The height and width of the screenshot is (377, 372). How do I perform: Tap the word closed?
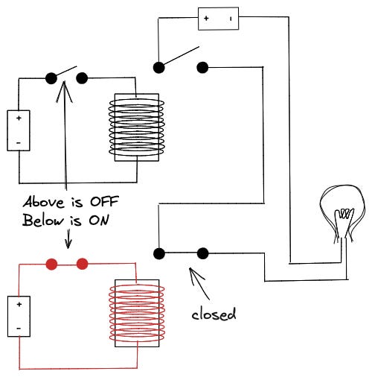coord(214,314)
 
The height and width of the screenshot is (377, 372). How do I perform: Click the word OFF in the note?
coord(104,201)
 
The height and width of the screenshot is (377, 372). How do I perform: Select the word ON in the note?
coord(99,220)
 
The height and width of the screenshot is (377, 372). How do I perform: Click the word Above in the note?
coord(45,202)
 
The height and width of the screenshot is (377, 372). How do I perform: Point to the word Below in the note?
coord(43,220)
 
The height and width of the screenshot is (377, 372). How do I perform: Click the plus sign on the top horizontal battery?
coord(206,18)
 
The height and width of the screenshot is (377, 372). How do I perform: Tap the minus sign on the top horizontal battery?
coord(231,19)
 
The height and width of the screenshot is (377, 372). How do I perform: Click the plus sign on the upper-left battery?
coord(19,118)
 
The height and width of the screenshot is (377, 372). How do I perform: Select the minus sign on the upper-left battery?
coord(19,143)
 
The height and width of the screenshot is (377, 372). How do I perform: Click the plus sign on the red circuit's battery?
coord(19,304)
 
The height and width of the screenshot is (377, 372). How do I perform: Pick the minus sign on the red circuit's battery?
coord(19,329)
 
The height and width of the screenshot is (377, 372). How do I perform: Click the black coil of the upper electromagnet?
coord(136,127)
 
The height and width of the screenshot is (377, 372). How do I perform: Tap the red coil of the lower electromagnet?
coord(137,313)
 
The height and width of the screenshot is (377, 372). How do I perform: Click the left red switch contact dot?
coord(51,264)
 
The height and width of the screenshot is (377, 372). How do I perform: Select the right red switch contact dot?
coord(82,264)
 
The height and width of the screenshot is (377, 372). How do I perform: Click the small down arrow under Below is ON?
coord(68,239)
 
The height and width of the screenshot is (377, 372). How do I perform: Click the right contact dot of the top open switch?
coord(202,68)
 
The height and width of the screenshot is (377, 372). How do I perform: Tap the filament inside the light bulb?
coord(344,214)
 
